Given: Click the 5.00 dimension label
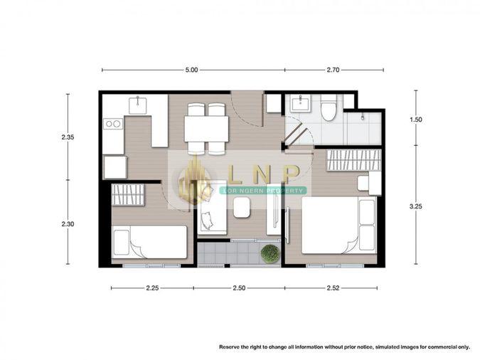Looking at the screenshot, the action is click(191, 70).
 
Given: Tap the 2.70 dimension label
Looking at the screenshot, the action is click(333, 70).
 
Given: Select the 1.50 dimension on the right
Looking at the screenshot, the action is click(416, 120).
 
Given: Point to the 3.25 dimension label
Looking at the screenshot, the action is click(416, 206).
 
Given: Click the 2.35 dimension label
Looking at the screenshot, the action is click(68, 137).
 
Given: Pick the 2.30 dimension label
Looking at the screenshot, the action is click(68, 224).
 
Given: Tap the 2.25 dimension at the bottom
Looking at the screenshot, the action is click(152, 288).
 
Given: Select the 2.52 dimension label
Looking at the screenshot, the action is click(333, 288).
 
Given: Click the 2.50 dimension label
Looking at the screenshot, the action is click(239, 288).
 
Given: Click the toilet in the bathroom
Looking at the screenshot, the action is click(329, 108).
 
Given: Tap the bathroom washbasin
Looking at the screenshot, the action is click(301, 103).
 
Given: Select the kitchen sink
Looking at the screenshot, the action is click(137, 105).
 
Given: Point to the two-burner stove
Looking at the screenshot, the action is click(113, 124).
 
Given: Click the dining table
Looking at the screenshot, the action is click(206, 129).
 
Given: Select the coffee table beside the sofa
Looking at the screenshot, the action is click(242, 207).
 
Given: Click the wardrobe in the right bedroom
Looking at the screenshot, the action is click(353, 159).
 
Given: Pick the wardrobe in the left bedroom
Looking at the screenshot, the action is click(128, 194).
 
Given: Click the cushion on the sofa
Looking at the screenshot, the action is click(207, 221).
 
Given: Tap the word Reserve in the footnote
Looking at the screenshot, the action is click(229, 347).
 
